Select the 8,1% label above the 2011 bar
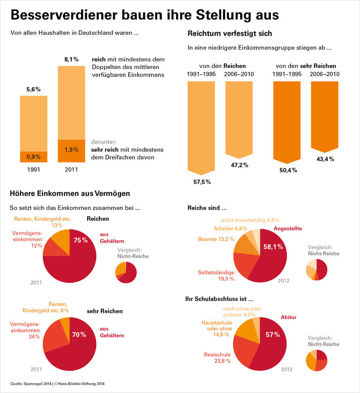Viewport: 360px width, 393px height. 71,60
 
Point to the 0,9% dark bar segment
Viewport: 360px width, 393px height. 33,157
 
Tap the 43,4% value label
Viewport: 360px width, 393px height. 325,159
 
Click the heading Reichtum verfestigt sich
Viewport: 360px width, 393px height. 229,34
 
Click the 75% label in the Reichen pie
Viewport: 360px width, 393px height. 80,240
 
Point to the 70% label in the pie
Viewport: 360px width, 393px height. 79,334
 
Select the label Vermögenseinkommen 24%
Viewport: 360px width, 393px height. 26,330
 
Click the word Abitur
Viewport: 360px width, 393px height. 288,317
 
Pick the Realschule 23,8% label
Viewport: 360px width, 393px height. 217,358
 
